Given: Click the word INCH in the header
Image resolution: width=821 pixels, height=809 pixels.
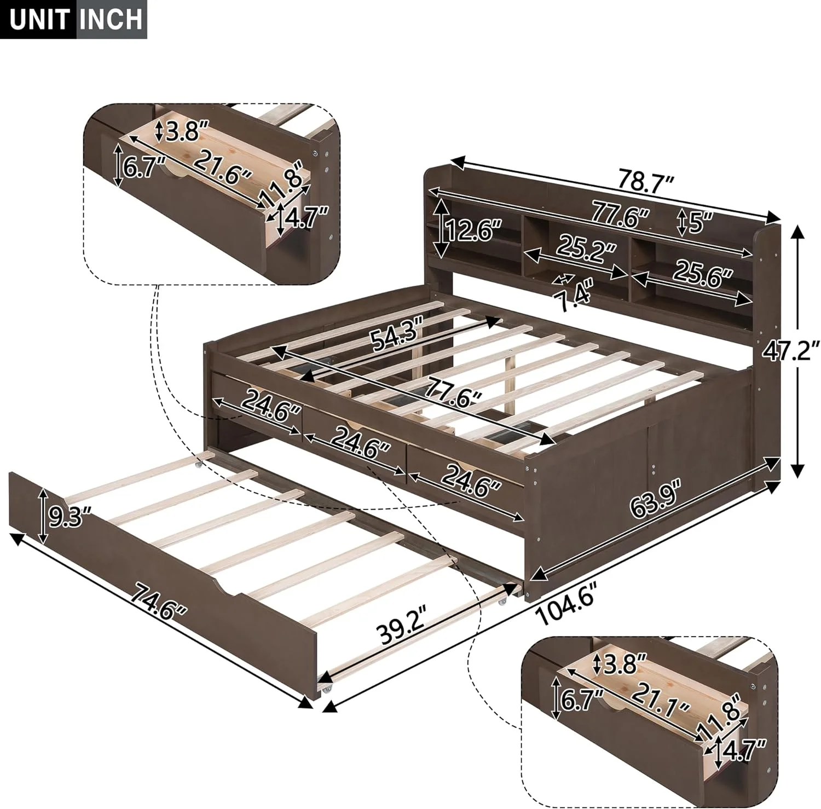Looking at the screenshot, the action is (x=111, y=20).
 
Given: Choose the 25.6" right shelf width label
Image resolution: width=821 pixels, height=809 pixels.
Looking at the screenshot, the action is (x=703, y=271).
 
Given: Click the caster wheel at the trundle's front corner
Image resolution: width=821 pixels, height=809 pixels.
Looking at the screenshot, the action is (x=326, y=689).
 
